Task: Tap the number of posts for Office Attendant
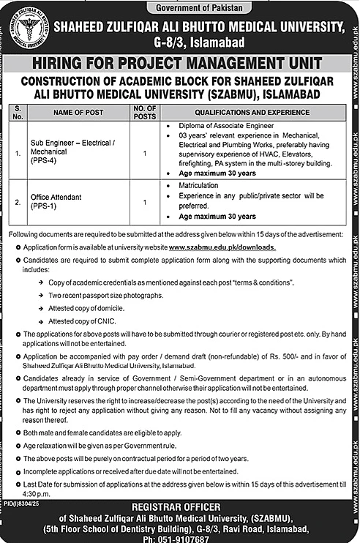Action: [x=145, y=202]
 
